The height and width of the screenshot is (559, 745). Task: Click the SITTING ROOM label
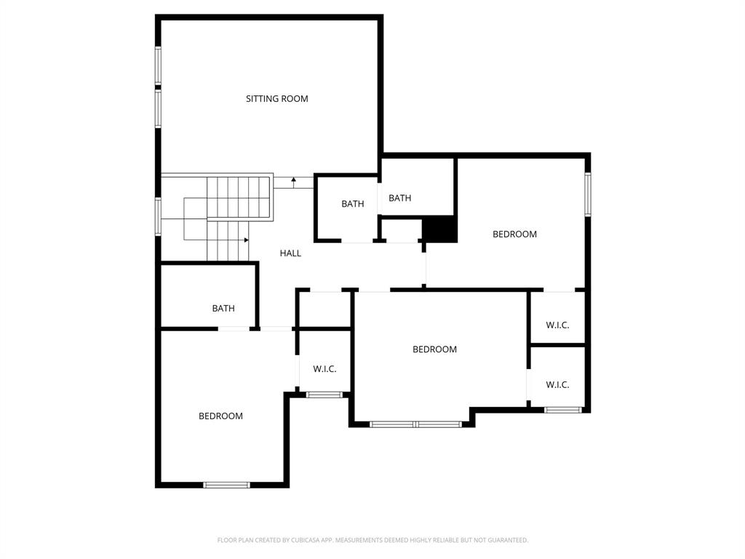(276, 99)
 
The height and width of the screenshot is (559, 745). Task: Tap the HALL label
(290, 253)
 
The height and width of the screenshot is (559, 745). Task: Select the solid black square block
(439, 230)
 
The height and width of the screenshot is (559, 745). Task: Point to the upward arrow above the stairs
(293, 180)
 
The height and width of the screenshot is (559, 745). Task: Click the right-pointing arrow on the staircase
(246, 239)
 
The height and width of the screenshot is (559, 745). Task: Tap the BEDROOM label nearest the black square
(514, 234)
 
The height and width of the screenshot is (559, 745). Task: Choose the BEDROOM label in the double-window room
(434, 349)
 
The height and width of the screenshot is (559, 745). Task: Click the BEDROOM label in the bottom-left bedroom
(220, 416)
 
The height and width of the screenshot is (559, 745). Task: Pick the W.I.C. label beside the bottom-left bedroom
(324, 369)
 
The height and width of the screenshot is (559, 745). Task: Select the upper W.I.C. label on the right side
(557, 325)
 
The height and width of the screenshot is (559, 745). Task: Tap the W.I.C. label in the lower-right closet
(557, 385)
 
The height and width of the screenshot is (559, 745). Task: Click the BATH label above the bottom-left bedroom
(223, 309)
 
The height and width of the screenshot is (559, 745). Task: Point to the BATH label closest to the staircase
(353, 204)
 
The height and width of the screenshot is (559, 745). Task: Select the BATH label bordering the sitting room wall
(399, 198)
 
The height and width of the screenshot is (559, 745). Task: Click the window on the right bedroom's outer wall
(588, 194)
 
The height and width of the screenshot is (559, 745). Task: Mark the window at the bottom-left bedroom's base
(226, 485)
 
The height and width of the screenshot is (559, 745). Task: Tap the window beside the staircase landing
(158, 217)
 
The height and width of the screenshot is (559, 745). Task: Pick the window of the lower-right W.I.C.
(563, 410)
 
